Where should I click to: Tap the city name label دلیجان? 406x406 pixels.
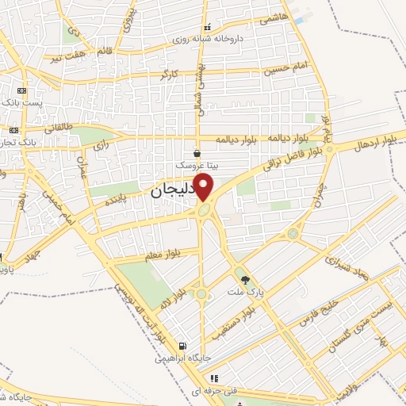pos(171,192)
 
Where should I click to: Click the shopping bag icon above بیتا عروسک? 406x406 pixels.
pos(197,153)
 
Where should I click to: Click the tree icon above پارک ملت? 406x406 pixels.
pos(245,279)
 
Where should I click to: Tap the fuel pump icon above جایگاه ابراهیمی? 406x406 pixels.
pos(183,347)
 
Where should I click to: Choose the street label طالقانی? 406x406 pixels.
pos(60,127)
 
